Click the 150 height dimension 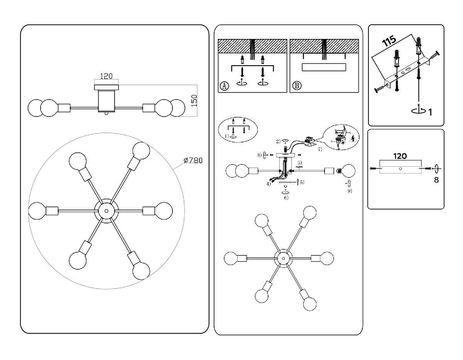[x=194, y=100]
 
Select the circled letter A [x=224, y=86]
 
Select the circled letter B [x=296, y=86]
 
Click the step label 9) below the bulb [x=350, y=190]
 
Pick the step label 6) [x=286, y=198]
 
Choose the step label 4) [x=268, y=184]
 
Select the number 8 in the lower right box [x=436, y=179]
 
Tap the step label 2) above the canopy [x=278, y=141]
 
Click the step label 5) [x=302, y=182]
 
